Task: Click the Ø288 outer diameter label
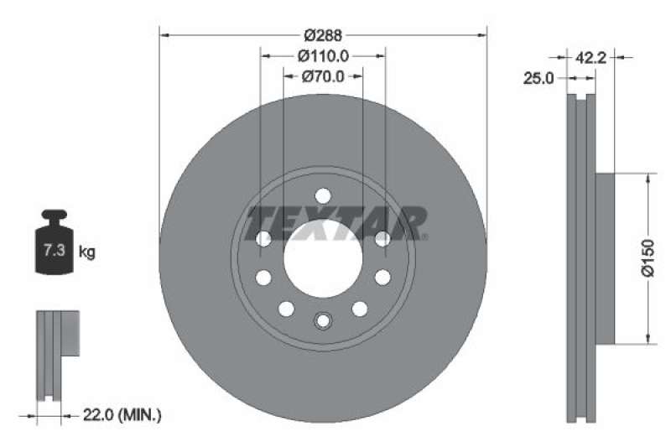323,35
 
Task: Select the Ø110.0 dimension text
323,56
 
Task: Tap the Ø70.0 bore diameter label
323,76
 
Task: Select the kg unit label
86,251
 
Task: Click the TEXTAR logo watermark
335,223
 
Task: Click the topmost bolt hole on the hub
323,195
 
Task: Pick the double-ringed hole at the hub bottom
323,321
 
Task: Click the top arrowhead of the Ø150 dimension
647,179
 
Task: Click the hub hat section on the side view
606,258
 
